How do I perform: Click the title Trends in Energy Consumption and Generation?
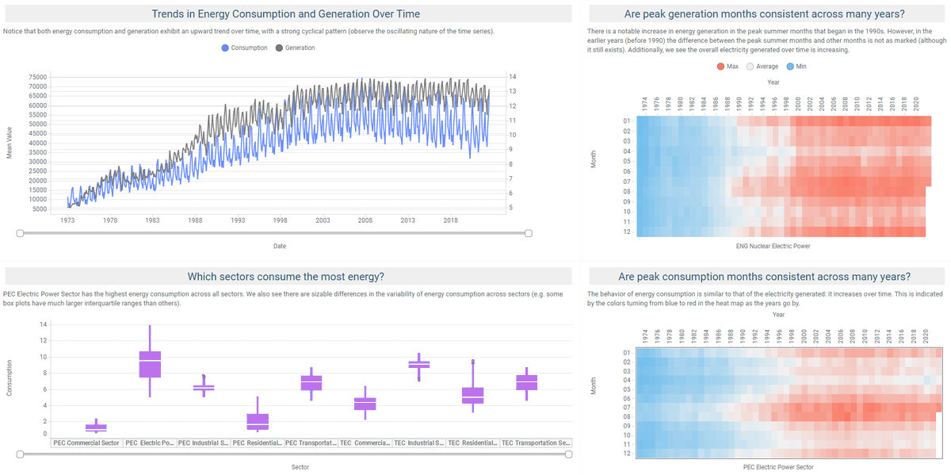(x=286, y=14)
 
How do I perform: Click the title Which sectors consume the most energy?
(x=286, y=276)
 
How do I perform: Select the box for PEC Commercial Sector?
(x=96, y=427)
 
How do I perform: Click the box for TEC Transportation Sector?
(x=526, y=382)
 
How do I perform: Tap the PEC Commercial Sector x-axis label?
(x=87, y=442)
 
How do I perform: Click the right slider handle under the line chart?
(x=529, y=233)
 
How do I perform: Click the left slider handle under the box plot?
(x=20, y=454)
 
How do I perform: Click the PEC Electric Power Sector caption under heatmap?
(x=778, y=467)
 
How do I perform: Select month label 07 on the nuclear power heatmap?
(x=626, y=182)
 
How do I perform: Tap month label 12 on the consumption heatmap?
(x=626, y=454)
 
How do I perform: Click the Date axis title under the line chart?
(x=280, y=247)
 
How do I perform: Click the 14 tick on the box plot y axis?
(x=43, y=324)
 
